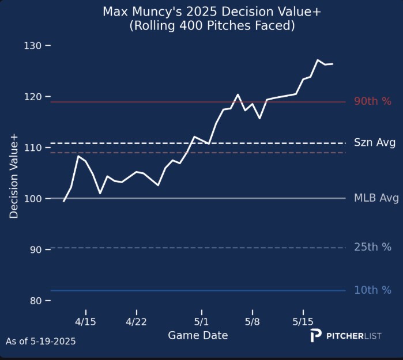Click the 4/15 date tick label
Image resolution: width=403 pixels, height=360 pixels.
(x=86, y=321)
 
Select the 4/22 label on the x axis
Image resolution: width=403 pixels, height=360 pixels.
(x=137, y=321)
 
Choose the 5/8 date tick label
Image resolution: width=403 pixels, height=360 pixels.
(x=252, y=321)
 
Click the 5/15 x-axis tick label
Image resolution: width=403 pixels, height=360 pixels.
(x=303, y=321)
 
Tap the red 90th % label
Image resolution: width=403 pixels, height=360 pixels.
(x=372, y=101)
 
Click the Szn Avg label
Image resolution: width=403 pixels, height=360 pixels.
(x=374, y=143)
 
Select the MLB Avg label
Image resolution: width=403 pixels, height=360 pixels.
(x=376, y=199)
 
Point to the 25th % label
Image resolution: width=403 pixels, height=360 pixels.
(x=372, y=248)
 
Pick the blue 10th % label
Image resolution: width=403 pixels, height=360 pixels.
(x=372, y=290)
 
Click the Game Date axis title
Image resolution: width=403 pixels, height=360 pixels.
(x=198, y=335)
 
